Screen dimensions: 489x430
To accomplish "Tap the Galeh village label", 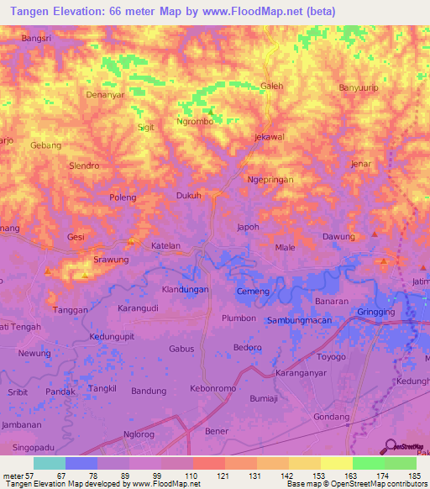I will (x=272, y=86).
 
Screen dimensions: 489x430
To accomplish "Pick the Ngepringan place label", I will (x=269, y=180).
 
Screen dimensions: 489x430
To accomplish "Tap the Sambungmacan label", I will (x=300, y=321).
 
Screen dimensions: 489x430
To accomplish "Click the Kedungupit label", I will (x=112, y=337).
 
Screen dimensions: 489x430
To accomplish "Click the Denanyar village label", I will (x=106, y=95).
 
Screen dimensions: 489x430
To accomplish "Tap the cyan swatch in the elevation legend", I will (x=49, y=463).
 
